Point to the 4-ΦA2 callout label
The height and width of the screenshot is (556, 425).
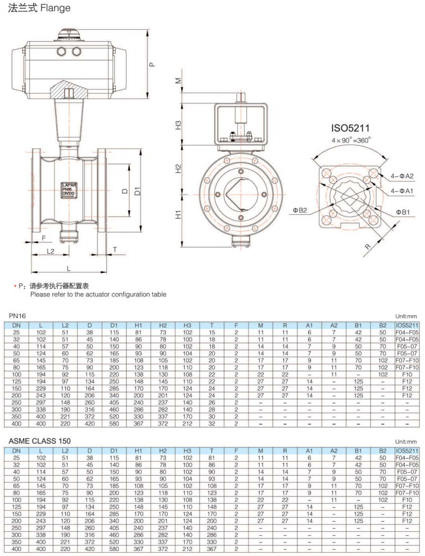tap(403, 176)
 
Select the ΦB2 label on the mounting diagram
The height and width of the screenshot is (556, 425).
tap(299, 210)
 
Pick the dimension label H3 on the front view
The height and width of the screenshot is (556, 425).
tap(178, 124)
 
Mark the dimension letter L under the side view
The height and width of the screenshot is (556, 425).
tap(69, 269)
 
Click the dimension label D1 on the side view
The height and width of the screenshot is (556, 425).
tap(137, 192)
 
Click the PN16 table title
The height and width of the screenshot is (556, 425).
tap(19, 317)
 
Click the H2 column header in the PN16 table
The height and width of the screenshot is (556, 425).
tap(162, 326)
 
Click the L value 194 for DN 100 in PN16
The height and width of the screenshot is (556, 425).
tap(41, 374)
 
